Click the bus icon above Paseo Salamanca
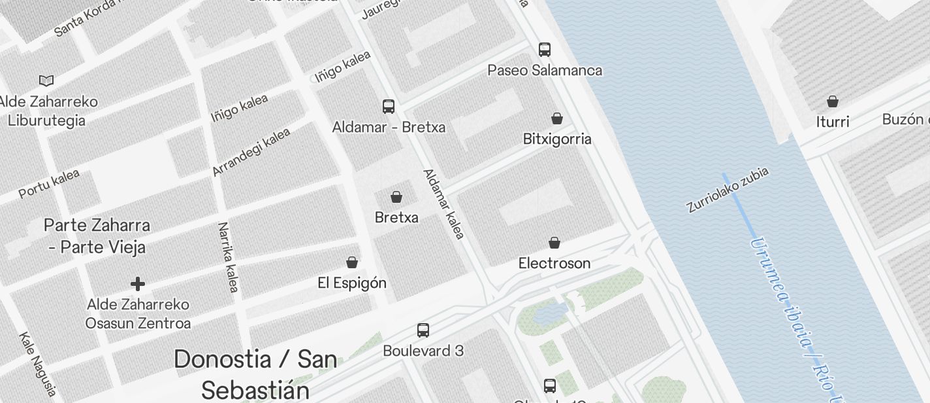point(545,50)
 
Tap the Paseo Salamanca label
point(545,70)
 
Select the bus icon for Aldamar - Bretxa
point(389,106)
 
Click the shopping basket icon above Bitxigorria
point(557,118)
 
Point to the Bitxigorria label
point(557,139)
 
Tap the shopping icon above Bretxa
point(396,196)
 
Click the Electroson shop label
point(554,263)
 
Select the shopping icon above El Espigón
point(352,262)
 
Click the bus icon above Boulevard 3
point(423,330)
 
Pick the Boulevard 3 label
point(423,351)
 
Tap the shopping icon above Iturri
point(833,101)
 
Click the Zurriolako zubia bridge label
point(728,190)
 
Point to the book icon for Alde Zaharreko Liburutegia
point(46,80)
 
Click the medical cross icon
point(138,284)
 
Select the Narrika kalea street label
point(229,256)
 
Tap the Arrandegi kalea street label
point(251,152)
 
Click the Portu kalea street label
point(49,184)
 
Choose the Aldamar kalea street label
point(444,204)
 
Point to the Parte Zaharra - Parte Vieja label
point(97,236)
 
